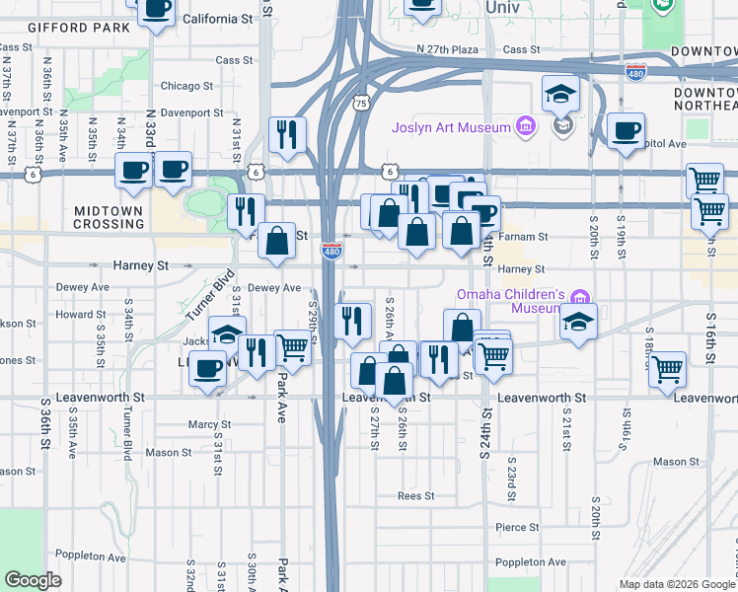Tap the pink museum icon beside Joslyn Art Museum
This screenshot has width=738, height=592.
point(524,127)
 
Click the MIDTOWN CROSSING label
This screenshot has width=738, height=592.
point(109,217)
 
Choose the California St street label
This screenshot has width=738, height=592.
point(218,18)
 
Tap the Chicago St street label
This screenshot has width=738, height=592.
point(186,86)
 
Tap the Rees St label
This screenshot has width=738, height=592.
point(416,495)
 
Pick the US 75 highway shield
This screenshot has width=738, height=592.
point(361,103)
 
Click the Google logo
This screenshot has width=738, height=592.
point(33,580)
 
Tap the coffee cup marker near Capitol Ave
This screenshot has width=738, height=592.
point(625,130)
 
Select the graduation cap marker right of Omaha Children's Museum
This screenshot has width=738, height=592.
point(578,322)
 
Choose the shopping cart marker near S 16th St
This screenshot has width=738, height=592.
point(668,369)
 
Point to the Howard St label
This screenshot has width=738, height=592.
point(74,315)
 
